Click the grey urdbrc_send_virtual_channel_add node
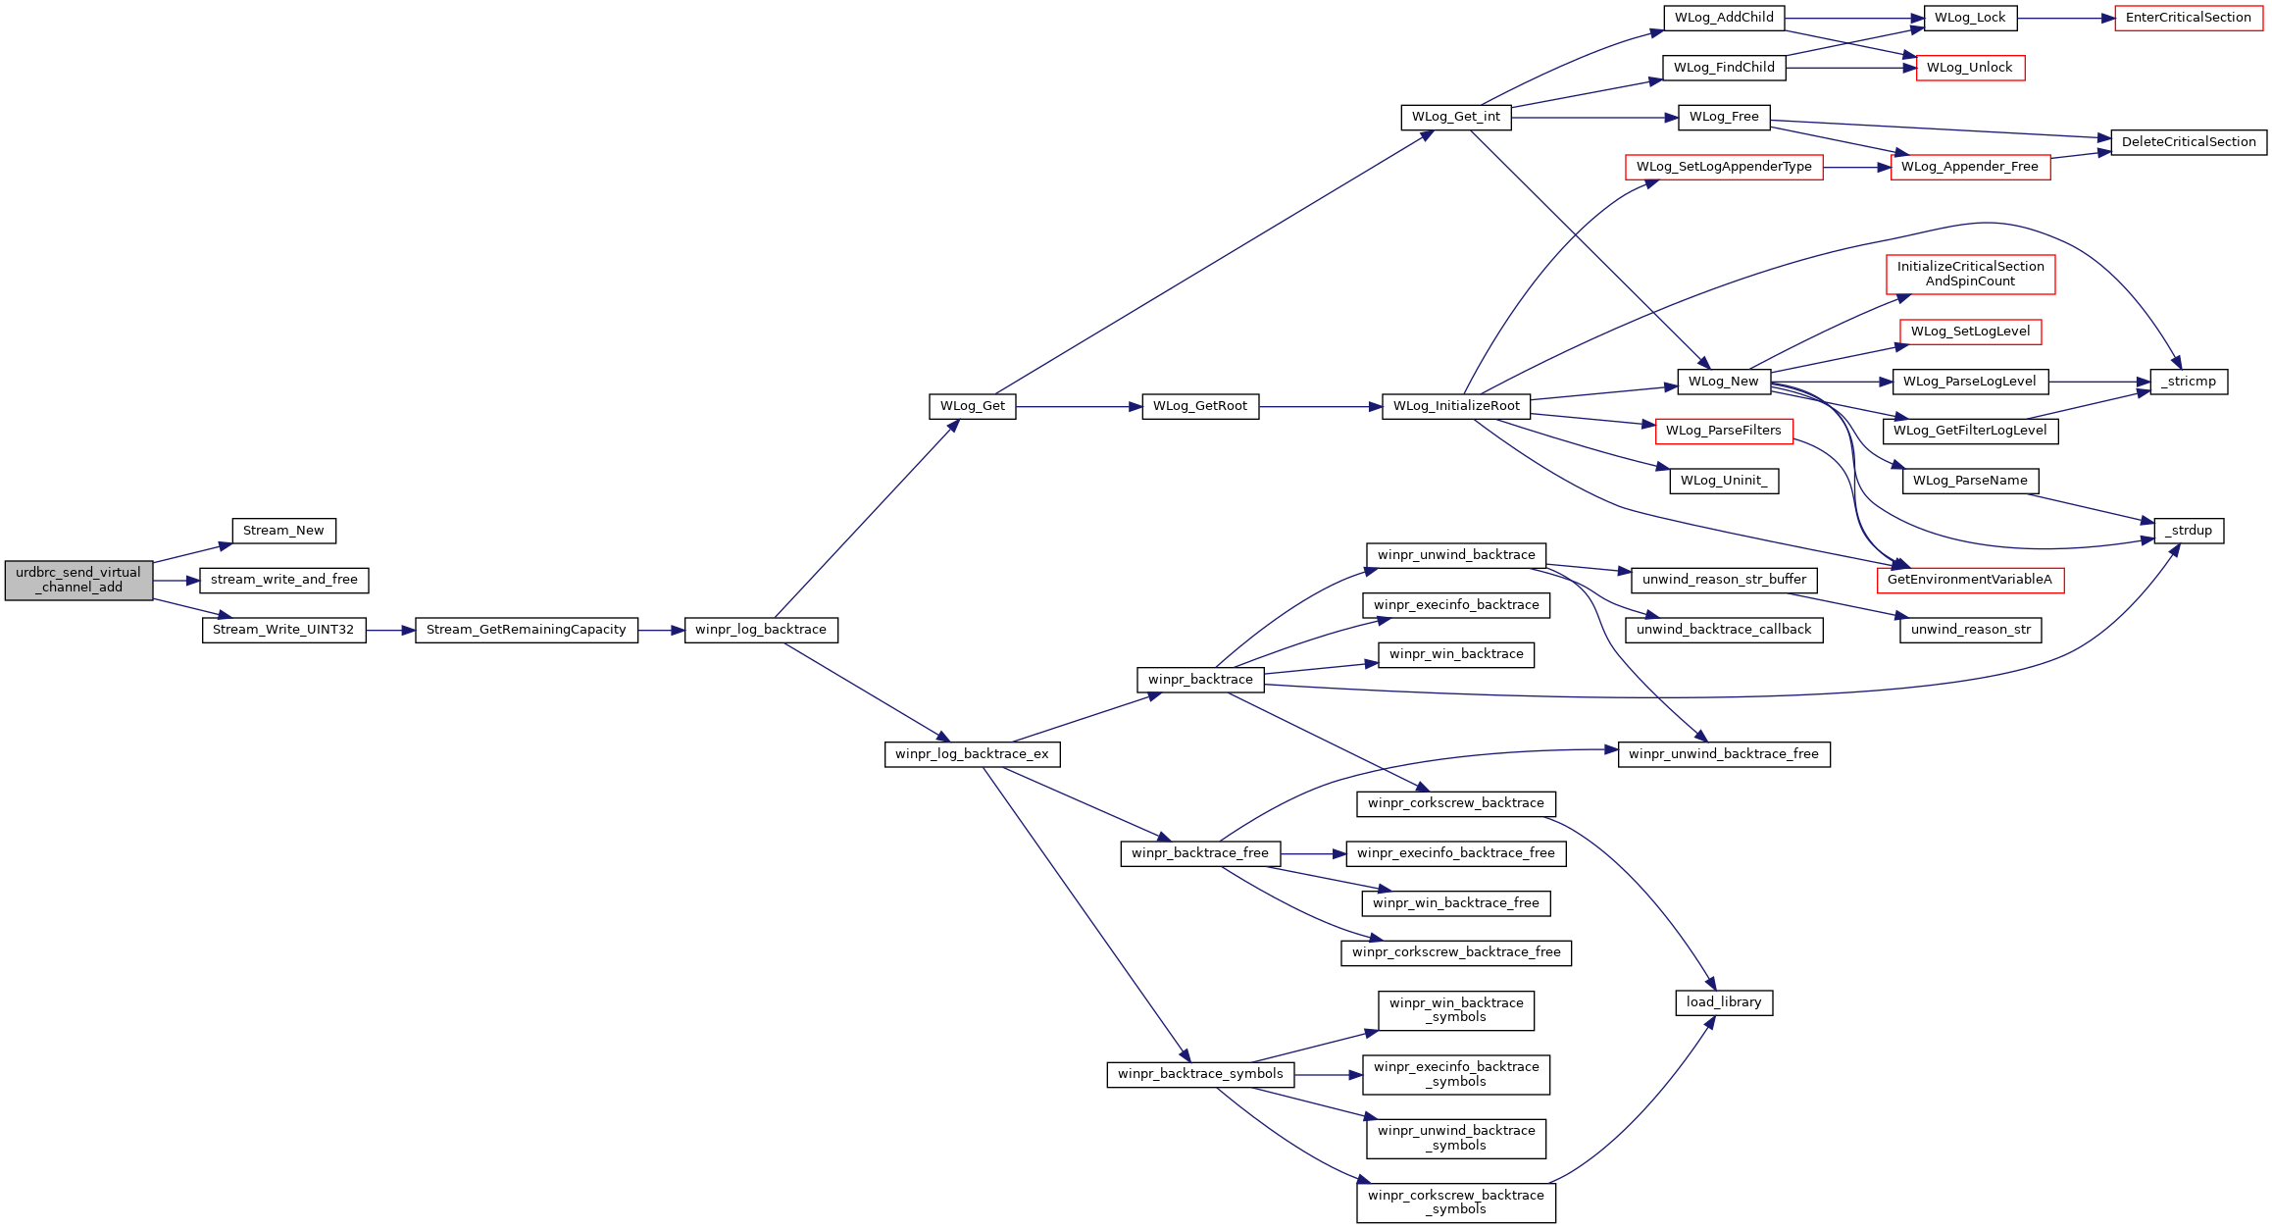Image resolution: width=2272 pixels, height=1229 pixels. coord(78,581)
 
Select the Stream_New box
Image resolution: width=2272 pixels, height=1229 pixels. coord(283,531)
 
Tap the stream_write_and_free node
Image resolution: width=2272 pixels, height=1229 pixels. coord(284,581)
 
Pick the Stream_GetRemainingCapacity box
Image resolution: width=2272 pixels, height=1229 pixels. coord(527,630)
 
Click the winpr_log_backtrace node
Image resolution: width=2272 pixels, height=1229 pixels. coord(761,630)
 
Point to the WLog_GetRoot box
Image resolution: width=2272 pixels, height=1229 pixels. coord(1200,406)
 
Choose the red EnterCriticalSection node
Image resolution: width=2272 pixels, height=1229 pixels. coord(2189,18)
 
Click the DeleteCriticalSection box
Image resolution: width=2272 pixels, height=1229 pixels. coord(2189,142)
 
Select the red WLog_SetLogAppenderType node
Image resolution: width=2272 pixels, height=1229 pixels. coord(1724,167)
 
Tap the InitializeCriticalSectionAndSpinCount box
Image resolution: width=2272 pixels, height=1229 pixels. coord(1971,274)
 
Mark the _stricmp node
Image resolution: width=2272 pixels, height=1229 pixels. coord(2189,382)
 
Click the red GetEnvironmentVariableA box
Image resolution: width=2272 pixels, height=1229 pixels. coord(1970,580)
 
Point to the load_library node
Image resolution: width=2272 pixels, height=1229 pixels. coord(1724,1002)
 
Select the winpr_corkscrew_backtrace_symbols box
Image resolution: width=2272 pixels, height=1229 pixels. coord(1456,1203)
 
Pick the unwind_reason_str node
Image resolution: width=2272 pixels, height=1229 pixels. coord(1971,630)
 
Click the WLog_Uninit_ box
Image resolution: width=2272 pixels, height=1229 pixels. coord(1724,481)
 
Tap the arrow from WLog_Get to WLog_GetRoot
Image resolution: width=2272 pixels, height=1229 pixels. coord(1080,406)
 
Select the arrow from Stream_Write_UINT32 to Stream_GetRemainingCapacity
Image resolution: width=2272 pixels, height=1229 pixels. coord(391,630)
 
